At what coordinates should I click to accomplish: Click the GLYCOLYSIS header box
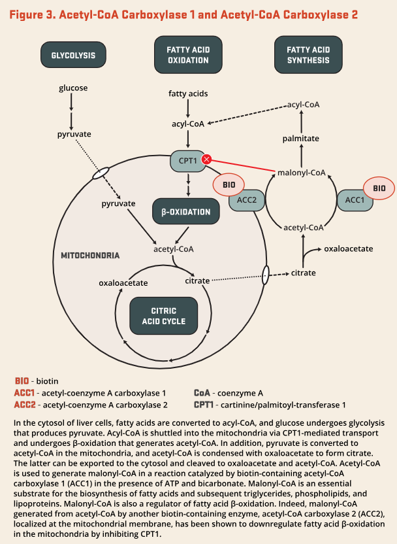click(73, 55)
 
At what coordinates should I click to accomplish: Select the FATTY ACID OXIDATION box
click(188, 55)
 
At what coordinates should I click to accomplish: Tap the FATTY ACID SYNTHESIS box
click(308, 55)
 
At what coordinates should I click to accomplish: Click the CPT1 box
click(188, 161)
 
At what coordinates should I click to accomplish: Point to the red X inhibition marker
click(207, 160)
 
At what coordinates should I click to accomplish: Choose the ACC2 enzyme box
click(247, 200)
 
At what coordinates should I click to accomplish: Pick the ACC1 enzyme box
click(355, 200)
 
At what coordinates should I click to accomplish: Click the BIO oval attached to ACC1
click(379, 188)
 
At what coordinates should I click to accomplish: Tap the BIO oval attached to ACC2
click(229, 185)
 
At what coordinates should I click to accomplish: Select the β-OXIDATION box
click(186, 212)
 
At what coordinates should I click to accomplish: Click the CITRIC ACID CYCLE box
click(163, 316)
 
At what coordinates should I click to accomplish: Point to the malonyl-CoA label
click(302, 173)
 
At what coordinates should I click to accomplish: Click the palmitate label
click(301, 139)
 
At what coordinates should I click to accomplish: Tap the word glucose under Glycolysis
click(73, 88)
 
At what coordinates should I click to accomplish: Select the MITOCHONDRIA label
click(90, 256)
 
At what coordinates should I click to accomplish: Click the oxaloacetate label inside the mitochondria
click(123, 283)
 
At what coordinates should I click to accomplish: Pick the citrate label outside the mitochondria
click(304, 273)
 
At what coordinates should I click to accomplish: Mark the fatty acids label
click(188, 93)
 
